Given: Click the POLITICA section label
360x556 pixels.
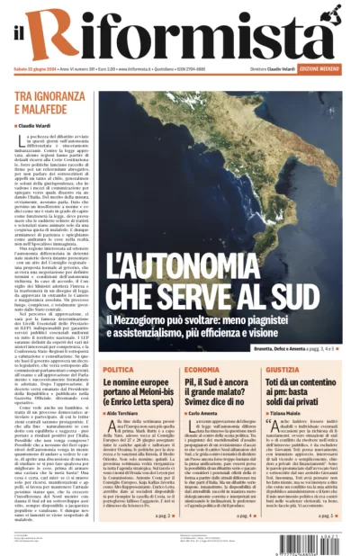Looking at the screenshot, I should point(119,370).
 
